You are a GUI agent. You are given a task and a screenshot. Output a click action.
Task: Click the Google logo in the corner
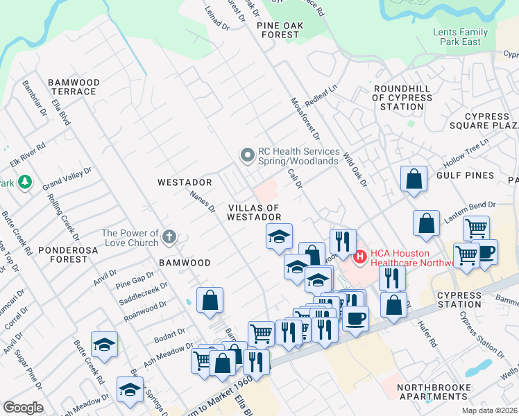[23, 408]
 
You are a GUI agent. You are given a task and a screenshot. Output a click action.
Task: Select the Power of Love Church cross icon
[169, 239]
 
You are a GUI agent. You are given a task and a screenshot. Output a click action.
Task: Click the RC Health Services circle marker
[247, 156]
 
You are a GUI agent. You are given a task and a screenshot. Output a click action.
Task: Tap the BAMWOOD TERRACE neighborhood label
[74, 87]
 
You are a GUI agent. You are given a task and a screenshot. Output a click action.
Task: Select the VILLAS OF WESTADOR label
[253, 212]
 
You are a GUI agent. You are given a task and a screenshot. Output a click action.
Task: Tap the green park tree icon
[25, 182]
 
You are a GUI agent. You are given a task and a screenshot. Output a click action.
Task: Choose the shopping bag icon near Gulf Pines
[414, 178]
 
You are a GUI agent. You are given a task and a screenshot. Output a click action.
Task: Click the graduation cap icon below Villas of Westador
[279, 236]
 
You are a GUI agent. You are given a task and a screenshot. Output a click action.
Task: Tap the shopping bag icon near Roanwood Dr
[210, 300]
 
